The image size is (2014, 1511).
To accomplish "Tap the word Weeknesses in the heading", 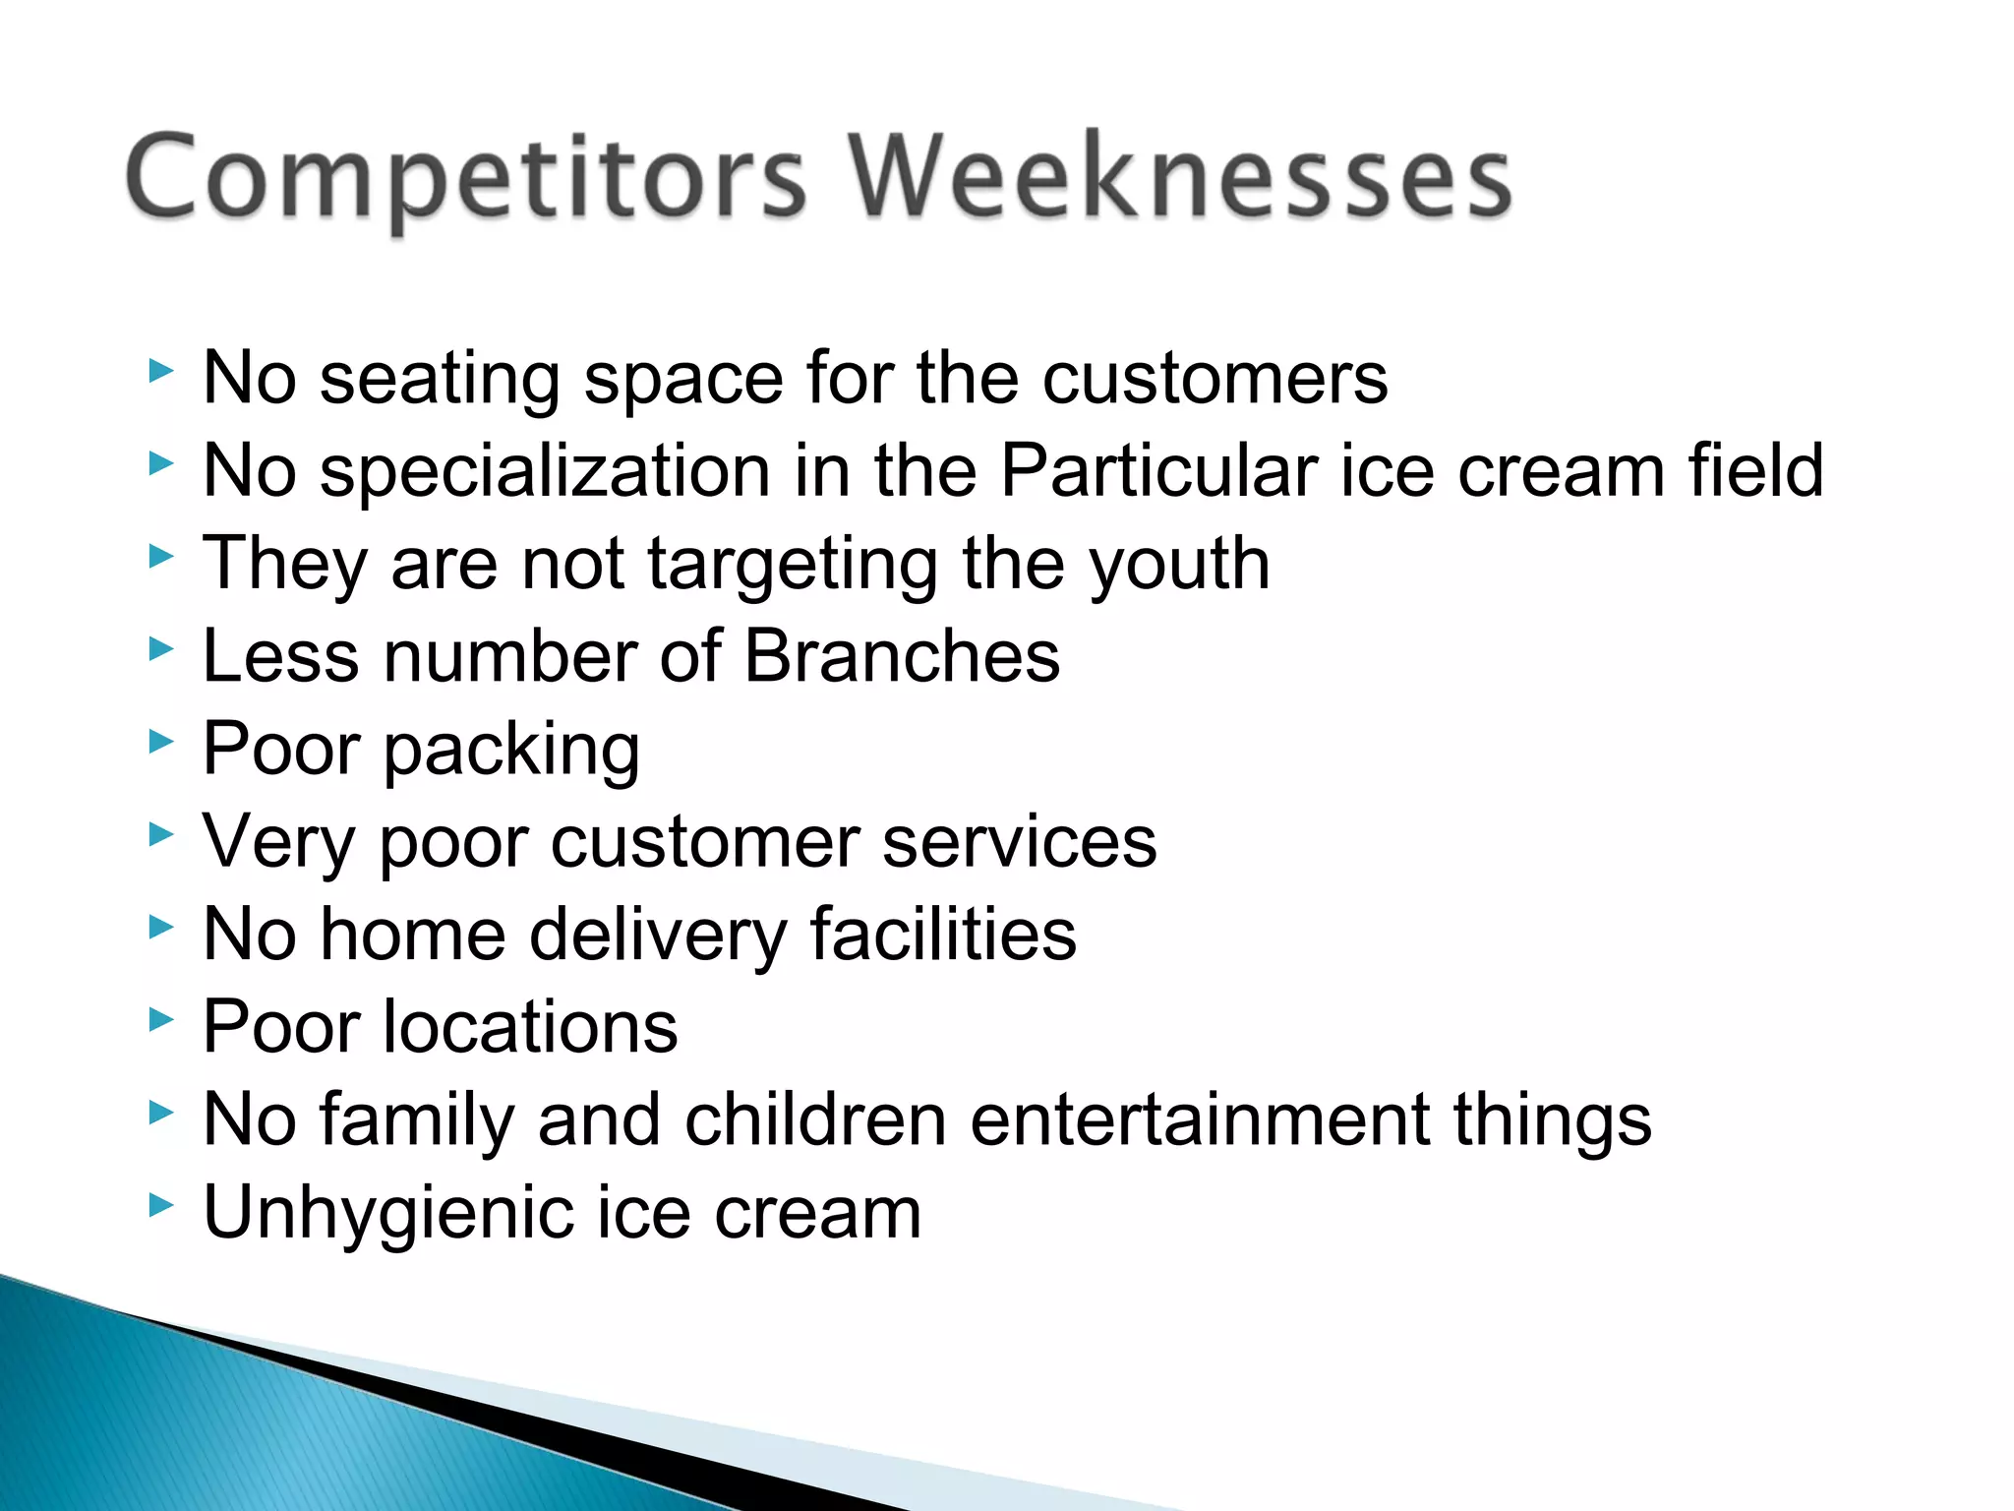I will pos(1180,177).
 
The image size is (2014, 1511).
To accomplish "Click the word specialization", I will pos(545,472).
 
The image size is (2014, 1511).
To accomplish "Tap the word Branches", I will pos(902,656).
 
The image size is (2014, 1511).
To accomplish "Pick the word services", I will pos(1019,843).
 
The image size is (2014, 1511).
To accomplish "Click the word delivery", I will pos(658,936).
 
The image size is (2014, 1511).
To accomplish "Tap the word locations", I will pos(530,1027).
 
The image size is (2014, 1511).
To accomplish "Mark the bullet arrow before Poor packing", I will pos(161,742).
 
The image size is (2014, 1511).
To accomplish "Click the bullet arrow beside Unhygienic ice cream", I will pos(161,1204).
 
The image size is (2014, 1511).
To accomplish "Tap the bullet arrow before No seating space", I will pos(161,371).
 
